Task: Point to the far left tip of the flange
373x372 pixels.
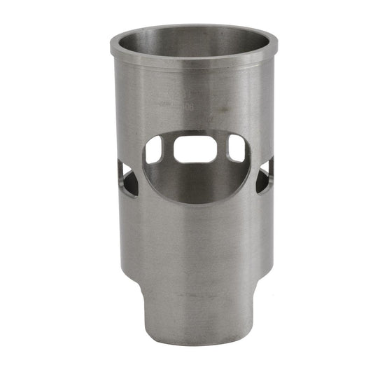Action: (x=111, y=47)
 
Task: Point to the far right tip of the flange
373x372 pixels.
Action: (x=273, y=46)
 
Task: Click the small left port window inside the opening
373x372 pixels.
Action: (x=155, y=149)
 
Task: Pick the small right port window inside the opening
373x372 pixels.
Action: (x=237, y=148)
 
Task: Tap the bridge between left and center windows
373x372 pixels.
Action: (x=169, y=149)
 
